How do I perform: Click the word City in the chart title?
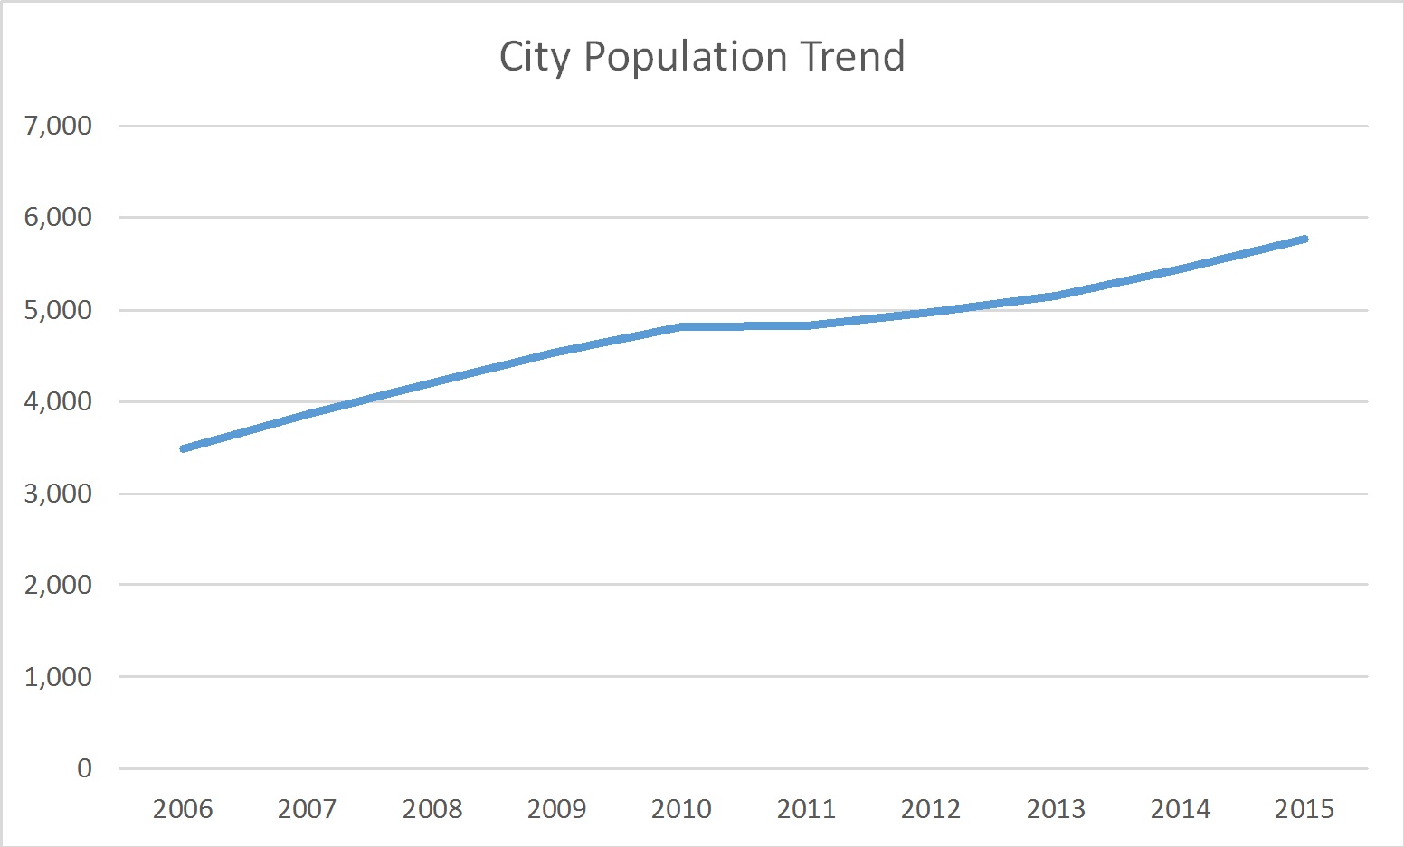[535, 57]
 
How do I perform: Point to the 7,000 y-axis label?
[59, 126]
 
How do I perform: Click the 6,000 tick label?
[59, 218]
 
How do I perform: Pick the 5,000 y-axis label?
[59, 310]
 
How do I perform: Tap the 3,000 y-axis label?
[59, 494]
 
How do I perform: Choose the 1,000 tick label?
[59, 677]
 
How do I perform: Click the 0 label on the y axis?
[84, 768]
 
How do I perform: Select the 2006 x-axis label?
[183, 808]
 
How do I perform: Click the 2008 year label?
[432, 808]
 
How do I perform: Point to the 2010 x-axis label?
[681, 808]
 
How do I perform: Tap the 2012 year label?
[931, 808]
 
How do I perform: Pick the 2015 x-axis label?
[1304, 808]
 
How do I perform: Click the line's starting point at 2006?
[184, 448]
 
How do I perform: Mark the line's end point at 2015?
[1304, 239]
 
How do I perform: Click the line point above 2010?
[681, 326]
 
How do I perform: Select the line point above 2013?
[1056, 296]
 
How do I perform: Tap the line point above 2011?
[806, 325]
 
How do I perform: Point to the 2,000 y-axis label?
[59, 585]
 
